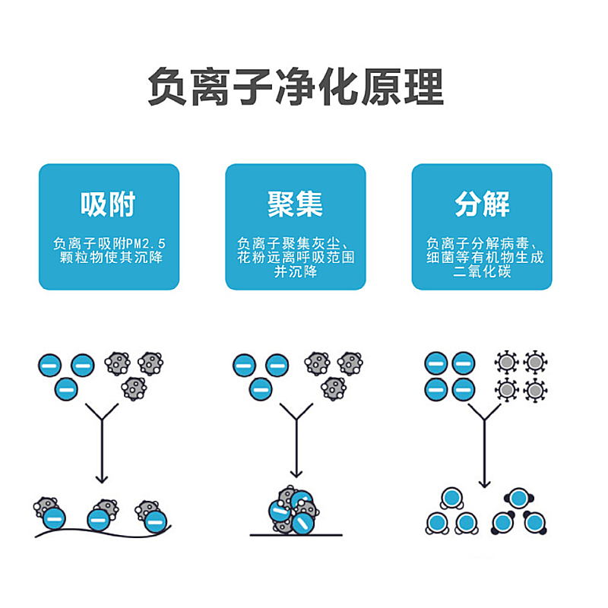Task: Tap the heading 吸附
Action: (108, 204)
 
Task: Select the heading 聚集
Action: (295, 204)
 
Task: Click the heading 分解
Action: (482, 204)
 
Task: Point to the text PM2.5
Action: (147, 244)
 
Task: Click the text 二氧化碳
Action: (482, 271)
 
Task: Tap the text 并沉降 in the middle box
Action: (295, 271)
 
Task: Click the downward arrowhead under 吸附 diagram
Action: (102, 479)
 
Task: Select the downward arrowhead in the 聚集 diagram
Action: (295, 479)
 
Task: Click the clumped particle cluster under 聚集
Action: (293, 511)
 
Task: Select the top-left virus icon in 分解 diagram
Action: (506, 363)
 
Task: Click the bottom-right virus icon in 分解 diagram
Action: (536, 391)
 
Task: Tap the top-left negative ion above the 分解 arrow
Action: (435, 363)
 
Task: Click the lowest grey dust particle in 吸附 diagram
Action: (133, 388)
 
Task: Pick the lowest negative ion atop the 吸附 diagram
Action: (66, 390)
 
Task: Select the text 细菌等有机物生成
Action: (482, 258)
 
